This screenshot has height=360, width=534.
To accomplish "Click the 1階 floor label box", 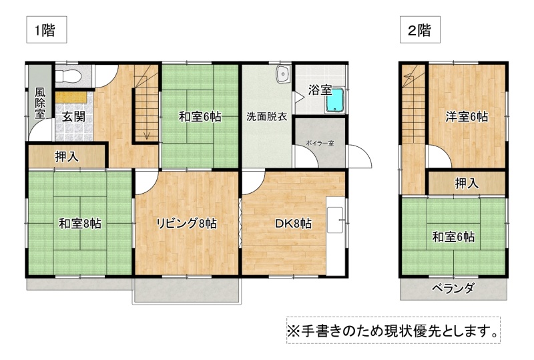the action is [47, 29].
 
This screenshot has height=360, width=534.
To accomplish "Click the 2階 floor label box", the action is [420, 29].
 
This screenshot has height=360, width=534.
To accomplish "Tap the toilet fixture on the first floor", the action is [69, 76].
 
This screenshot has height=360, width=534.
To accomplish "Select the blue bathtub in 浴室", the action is [335, 101].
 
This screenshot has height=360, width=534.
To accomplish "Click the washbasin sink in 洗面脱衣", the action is [282, 73].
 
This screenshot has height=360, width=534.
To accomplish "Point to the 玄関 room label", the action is [73, 117].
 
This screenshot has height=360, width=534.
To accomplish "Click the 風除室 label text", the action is [40, 103].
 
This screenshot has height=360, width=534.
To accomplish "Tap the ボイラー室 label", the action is [320, 143].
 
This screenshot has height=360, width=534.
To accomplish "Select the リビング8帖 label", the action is [186, 224].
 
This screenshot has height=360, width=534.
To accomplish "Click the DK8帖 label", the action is [293, 224].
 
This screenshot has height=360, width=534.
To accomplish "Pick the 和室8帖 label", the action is [80, 224].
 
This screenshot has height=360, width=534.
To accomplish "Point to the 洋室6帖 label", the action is [467, 117].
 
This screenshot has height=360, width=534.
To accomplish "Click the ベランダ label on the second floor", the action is [453, 289].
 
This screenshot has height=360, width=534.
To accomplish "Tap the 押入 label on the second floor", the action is [467, 184].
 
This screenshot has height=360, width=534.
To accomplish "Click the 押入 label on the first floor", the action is [67, 157].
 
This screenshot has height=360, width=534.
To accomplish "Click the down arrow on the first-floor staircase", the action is [147, 135].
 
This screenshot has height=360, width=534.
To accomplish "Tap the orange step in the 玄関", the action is [71, 97].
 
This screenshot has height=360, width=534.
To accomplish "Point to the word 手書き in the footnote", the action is [321, 331].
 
